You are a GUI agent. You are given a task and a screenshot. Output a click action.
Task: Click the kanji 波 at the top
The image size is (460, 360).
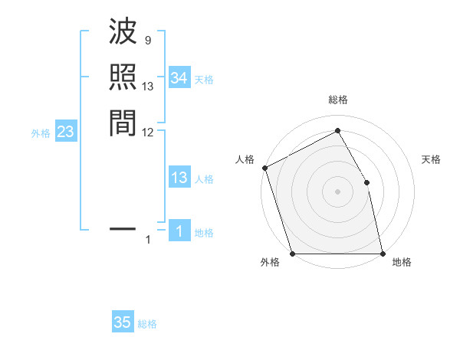(123, 33)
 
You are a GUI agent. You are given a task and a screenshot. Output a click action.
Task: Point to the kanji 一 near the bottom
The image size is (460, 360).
(123, 228)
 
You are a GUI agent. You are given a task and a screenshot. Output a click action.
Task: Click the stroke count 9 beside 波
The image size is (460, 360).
(147, 41)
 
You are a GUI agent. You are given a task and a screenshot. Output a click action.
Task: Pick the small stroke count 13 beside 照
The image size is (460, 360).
(148, 87)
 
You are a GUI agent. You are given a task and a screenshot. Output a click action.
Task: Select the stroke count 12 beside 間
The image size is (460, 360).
(148, 132)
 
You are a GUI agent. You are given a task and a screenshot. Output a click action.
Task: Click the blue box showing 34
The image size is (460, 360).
(179, 78)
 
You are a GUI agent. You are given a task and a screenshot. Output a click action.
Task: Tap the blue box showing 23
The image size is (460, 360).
(66, 132)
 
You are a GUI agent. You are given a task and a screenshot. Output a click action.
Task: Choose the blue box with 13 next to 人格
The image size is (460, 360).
(179, 178)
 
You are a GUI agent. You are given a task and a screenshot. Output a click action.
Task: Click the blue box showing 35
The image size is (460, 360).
(123, 322)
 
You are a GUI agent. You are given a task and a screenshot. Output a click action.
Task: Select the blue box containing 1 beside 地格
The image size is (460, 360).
(179, 231)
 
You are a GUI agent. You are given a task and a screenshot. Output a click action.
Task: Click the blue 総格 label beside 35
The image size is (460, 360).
(147, 324)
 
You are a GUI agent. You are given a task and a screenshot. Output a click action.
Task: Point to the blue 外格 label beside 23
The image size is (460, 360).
(41, 133)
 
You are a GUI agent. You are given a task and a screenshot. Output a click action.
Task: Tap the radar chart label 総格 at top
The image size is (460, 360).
(337, 100)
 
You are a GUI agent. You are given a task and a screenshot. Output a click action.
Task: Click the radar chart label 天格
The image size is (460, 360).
(431, 159)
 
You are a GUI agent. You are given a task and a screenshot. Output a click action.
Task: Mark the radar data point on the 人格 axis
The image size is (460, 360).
(264, 168)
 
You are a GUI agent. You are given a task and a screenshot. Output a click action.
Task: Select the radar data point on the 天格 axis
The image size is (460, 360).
(366, 182)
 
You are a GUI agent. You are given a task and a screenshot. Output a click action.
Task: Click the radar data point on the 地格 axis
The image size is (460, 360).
(383, 253)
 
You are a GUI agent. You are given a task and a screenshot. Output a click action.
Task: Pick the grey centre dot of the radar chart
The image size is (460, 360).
(337, 191)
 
